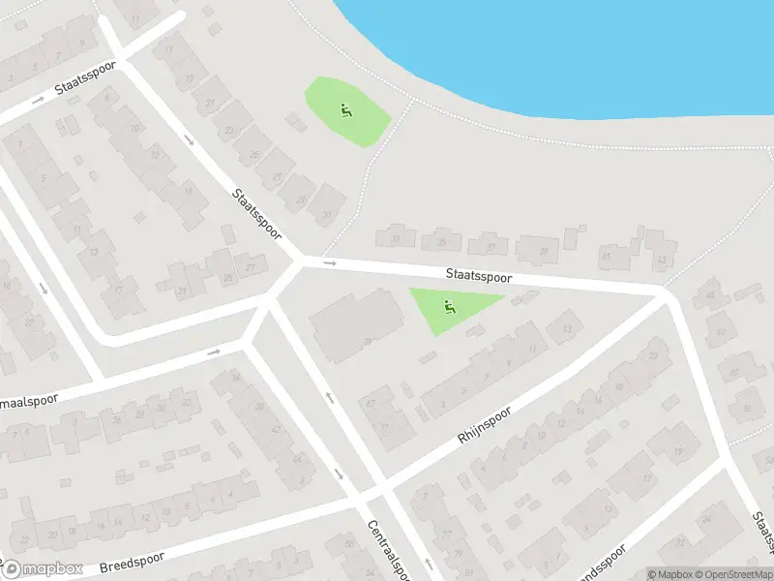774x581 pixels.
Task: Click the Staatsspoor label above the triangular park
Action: (x=479, y=276)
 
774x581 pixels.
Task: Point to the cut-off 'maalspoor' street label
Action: (x=29, y=399)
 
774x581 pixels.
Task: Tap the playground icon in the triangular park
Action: (x=449, y=308)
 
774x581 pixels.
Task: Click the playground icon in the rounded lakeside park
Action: (x=346, y=110)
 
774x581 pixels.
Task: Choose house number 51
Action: (x=746, y=408)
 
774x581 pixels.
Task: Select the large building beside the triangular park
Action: (x=356, y=327)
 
